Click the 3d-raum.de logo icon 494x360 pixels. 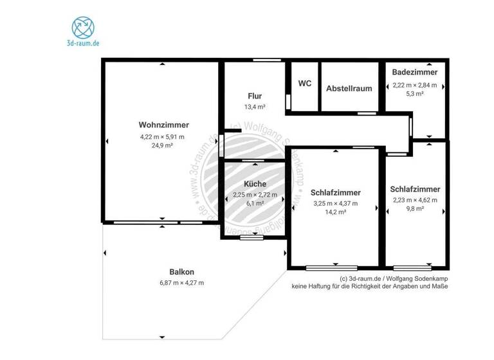click(x=83, y=28)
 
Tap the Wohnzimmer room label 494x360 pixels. click(x=164, y=125)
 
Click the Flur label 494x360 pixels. click(x=255, y=96)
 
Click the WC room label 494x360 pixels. click(x=305, y=84)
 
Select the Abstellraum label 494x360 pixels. click(x=349, y=89)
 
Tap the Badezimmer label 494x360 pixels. click(x=415, y=73)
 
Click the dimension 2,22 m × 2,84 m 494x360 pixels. click(x=415, y=85)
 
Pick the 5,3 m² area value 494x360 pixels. click(x=415, y=93)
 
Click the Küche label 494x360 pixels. click(x=255, y=184)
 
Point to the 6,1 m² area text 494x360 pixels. click(x=255, y=203)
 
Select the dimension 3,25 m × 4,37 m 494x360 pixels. click(x=335, y=203)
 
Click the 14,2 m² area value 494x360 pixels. click(x=335, y=212)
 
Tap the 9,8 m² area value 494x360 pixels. click(x=415, y=208)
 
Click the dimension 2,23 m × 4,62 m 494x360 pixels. click(x=415, y=200)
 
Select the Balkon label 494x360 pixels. click(x=182, y=271)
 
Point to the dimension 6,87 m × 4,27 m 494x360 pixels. click(x=182, y=282)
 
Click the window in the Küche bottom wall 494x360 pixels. click(x=248, y=238)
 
